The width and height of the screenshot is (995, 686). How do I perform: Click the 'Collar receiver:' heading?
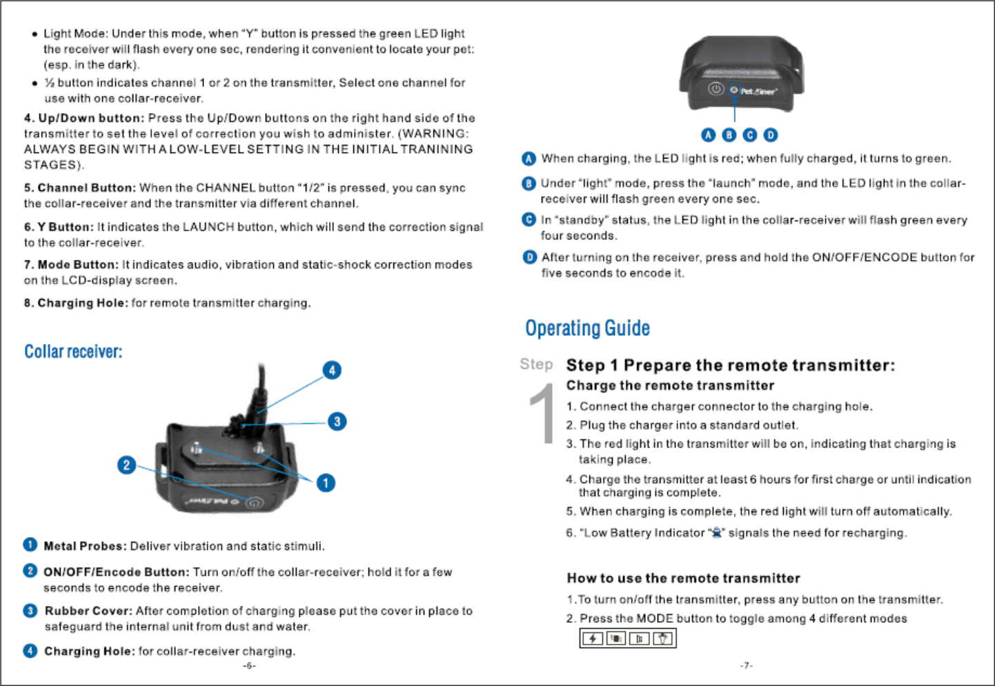(73, 352)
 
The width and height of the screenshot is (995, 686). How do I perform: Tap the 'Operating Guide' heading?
(587, 328)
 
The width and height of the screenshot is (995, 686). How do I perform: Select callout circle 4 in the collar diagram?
(332, 370)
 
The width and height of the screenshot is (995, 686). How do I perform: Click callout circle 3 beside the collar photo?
(337, 421)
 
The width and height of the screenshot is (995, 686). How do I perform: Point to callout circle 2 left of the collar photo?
(126, 465)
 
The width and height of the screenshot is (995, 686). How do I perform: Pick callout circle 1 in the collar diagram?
(326, 483)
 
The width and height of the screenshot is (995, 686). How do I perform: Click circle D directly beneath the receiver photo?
(770, 135)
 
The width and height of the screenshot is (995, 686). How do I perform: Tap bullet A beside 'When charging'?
(529, 159)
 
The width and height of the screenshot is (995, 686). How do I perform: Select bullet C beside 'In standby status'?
(529, 220)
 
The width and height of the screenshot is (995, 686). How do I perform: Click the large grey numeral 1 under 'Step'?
(543, 414)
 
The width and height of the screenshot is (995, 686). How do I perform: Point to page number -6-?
(249, 665)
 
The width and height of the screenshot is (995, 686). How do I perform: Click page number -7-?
(746, 665)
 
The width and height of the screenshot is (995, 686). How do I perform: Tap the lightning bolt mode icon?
(593, 638)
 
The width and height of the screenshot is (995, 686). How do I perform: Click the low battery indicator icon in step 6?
(716, 532)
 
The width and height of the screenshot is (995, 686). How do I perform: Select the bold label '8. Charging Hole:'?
(76, 303)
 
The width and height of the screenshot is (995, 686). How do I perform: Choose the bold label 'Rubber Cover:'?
(88, 611)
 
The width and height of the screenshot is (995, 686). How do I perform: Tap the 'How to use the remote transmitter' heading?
(683, 578)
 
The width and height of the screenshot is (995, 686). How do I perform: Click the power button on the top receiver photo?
(716, 89)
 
